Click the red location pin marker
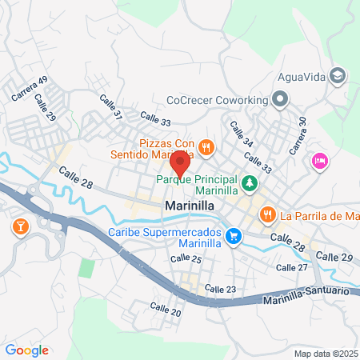pos(180,162)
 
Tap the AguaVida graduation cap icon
pos(338,74)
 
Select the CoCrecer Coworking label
pos(216,101)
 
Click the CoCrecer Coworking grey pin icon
pos(279,100)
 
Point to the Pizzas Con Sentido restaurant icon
pos(206,146)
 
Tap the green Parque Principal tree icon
pos(250,184)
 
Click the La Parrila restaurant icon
pos(267,214)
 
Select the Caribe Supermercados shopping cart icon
pos(233,235)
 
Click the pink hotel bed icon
pos(319,162)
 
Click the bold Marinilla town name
pos(189,206)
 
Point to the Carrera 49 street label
pos(30,88)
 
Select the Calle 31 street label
pos(111,109)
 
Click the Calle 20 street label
pos(165,308)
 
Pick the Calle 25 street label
pos(186,259)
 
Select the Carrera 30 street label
pos(298,137)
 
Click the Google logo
pos(26,350)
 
